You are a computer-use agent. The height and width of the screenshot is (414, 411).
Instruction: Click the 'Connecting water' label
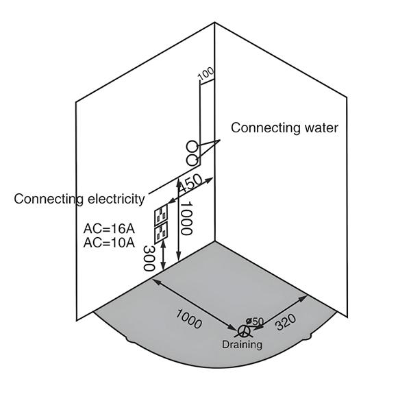point(284,127)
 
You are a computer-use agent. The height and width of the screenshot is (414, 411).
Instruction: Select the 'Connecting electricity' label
point(79,199)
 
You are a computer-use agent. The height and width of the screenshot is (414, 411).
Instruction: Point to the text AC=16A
point(109,229)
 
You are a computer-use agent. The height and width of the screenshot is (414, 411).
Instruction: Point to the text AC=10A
point(109,243)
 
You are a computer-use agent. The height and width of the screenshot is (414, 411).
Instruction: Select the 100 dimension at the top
point(206,74)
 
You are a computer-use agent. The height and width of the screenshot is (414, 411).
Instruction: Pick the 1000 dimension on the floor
point(189,318)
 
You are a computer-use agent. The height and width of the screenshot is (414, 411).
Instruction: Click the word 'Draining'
point(242,345)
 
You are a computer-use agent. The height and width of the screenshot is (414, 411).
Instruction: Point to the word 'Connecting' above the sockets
point(47,199)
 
